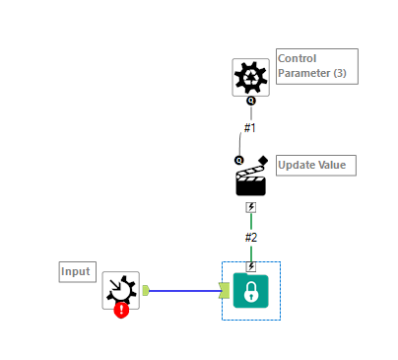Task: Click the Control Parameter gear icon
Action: [250, 76]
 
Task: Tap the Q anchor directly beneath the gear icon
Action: [250, 101]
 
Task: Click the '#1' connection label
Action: [250, 127]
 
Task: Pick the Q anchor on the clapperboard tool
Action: [238, 160]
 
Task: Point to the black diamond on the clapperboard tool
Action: [263, 160]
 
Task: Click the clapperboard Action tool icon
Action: [250, 181]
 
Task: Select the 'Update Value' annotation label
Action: [315, 165]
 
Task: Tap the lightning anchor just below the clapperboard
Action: [250, 207]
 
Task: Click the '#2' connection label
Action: [250, 237]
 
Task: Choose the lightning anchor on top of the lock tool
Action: [250, 266]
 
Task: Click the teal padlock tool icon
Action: [250, 291]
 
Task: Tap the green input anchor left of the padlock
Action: [225, 290]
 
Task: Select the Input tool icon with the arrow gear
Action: [120, 289]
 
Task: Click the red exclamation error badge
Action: [121, 310]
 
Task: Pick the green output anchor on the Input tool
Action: [146, 290]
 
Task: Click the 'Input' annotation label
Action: [77, 271]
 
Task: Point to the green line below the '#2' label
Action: [250, 252]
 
